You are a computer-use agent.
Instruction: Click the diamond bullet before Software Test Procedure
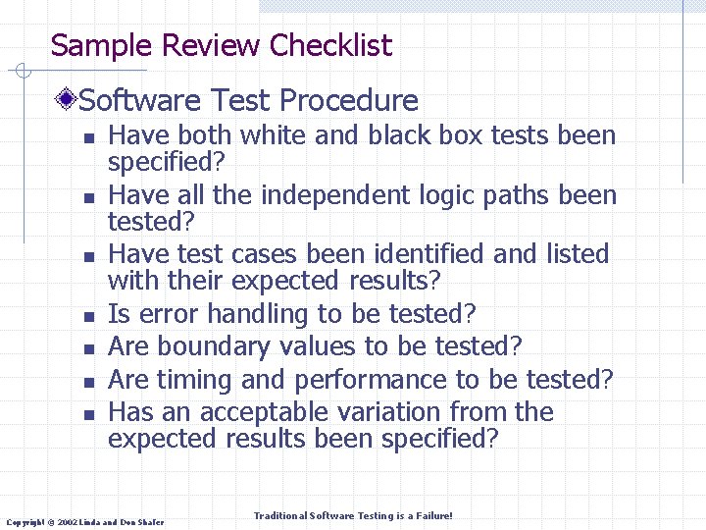(x=67, y=99)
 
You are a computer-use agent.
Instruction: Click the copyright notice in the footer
(x=86, y=521)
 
